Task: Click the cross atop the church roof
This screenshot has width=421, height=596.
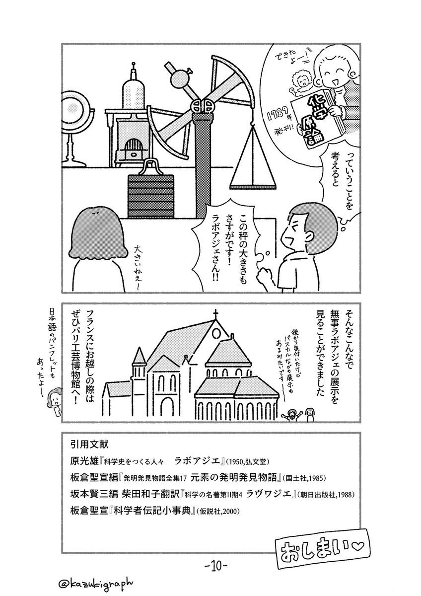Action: pos(215,315)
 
